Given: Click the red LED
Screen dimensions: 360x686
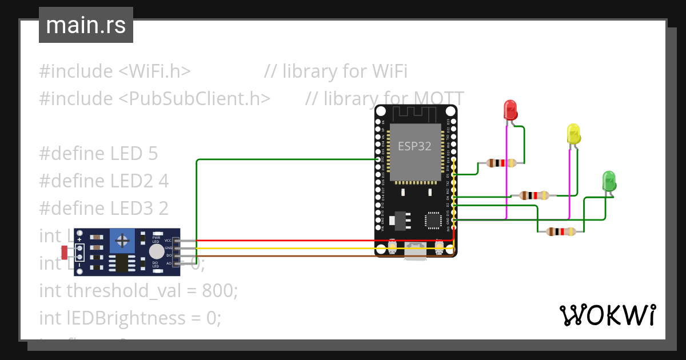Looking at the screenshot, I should click(x=510, y=110).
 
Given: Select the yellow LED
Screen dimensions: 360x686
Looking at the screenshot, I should click(x=573, y=134).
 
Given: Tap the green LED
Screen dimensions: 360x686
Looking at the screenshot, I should click(x=609, y=181).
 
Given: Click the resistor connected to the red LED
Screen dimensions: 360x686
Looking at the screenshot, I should click(x=501, y=163).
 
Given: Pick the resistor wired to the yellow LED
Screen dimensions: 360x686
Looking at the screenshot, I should click(x=534, y=195).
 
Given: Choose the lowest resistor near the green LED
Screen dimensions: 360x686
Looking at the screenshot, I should click(x=561, y=231).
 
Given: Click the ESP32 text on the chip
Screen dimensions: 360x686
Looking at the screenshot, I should click(x=414, y=146).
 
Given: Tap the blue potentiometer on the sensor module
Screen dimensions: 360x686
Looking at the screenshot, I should click(x=122, y=241).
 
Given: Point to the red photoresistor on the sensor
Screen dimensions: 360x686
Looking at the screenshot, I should click(x=65, y=250).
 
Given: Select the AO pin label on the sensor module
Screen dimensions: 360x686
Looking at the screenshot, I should click(x=169, y=263).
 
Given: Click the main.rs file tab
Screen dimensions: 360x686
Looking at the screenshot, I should click(x=86, y=25).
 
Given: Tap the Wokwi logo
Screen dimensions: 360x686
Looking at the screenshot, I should click(x=607, y=315).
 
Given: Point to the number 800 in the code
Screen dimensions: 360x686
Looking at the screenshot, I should click(x=218, y=290).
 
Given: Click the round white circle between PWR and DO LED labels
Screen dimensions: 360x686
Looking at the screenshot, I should click(x=156, y=251).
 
